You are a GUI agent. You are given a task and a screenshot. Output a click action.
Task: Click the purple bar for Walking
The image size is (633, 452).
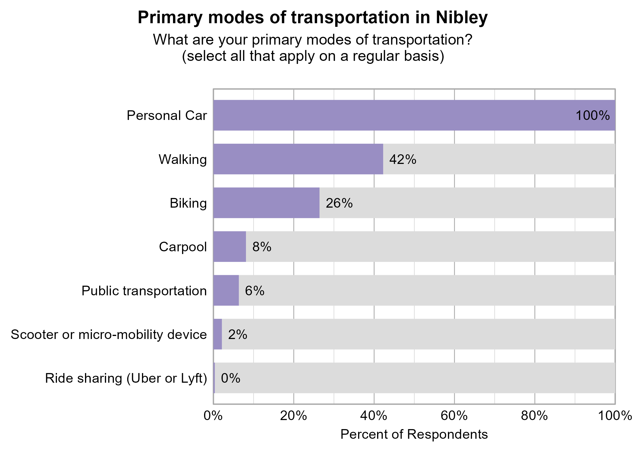[x=298, y=159]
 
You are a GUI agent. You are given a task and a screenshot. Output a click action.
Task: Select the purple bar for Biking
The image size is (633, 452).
[x=266, y=203]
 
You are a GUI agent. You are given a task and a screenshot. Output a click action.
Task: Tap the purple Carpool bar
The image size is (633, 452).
[x=229, y=246]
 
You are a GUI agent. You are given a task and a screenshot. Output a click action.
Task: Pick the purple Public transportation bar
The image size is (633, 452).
[x=226, y=290]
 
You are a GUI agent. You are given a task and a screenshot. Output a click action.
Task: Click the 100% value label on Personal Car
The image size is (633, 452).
[x=592, y=116]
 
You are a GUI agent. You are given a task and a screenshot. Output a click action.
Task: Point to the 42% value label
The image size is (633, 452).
[x=402, y=159]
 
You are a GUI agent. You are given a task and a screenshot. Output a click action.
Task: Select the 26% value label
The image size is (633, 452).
[x=339, y=203]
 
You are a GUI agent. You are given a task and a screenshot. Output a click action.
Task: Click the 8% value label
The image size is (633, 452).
[x=262, y=247]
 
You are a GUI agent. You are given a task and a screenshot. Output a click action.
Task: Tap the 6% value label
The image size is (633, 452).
[x=254, y=291]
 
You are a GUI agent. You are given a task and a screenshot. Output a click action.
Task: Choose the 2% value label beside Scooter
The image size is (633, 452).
[x=238, y=335]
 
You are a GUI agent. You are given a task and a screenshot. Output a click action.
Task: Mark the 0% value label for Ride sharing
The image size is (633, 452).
[x=230, y=378]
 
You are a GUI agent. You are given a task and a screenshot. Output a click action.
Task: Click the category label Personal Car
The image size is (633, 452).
[x=167, y=116]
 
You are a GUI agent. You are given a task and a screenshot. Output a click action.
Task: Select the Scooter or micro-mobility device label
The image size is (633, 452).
[x=109, y=335]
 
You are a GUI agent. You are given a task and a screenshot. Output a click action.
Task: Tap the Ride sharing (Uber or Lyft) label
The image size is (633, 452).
[x=126, y=378]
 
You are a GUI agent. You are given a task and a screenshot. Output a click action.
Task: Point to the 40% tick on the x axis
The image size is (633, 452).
[x=374, y=416]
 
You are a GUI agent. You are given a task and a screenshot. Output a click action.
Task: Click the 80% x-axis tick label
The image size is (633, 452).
[x=534, y=416]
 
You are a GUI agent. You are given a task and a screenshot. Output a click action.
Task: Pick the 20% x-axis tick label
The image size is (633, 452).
[x=293, y=416]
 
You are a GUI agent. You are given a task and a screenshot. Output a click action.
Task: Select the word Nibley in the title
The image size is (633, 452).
[x=461, y=17]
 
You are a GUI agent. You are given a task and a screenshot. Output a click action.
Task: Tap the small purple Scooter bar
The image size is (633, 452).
[x=217, y=334]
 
